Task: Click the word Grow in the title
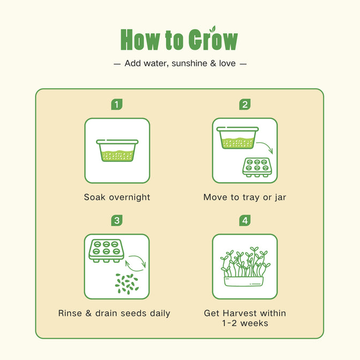pyautogui.click(x=213, y=39)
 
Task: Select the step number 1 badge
pyautogui.click(x=117, y=104)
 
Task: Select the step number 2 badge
pyautogui.click(x=245, y=104)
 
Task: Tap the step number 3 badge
pyautogui.click(x=117, y=220)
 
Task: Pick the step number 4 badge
pyautogui.click(x=245, y=220)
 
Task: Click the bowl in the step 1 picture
pyautogui.click(x=117, y=151)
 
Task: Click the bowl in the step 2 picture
pyautogui.click(x=238, y=138)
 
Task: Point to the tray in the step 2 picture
pyautogui.click(x=257, y=167)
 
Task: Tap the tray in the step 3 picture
pyautogui.click(x=106, y=251)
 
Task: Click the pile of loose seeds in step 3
pyautogui.click(x=127, y=284)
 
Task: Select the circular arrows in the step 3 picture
pyautogui.click(x=136, y=264)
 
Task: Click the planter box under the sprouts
pyautogui.click(x=244, y=281)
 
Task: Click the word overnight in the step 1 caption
pyautogui.click(x=130, y=198)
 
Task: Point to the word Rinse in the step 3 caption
pyautogui.click(x=70, y=313)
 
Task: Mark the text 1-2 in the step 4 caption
pyautogui.click(x=229, y=323)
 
